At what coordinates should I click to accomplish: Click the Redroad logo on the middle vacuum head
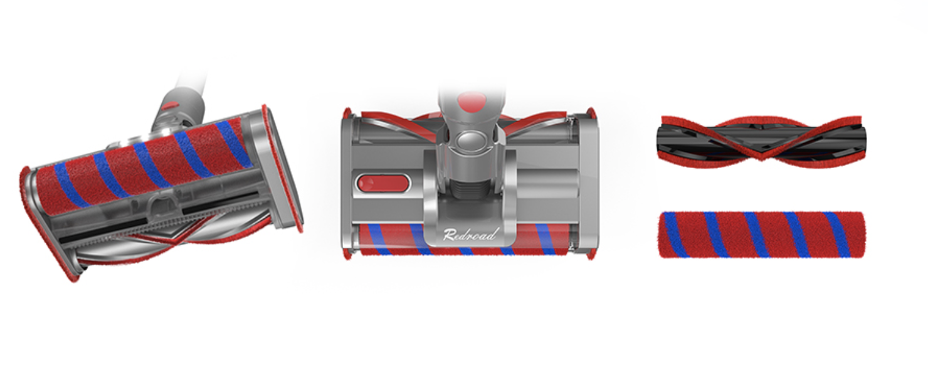tap(470, 235)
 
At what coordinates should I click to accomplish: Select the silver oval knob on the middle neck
tap(471, 141)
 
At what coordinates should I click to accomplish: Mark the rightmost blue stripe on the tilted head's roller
tap(234, 143)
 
